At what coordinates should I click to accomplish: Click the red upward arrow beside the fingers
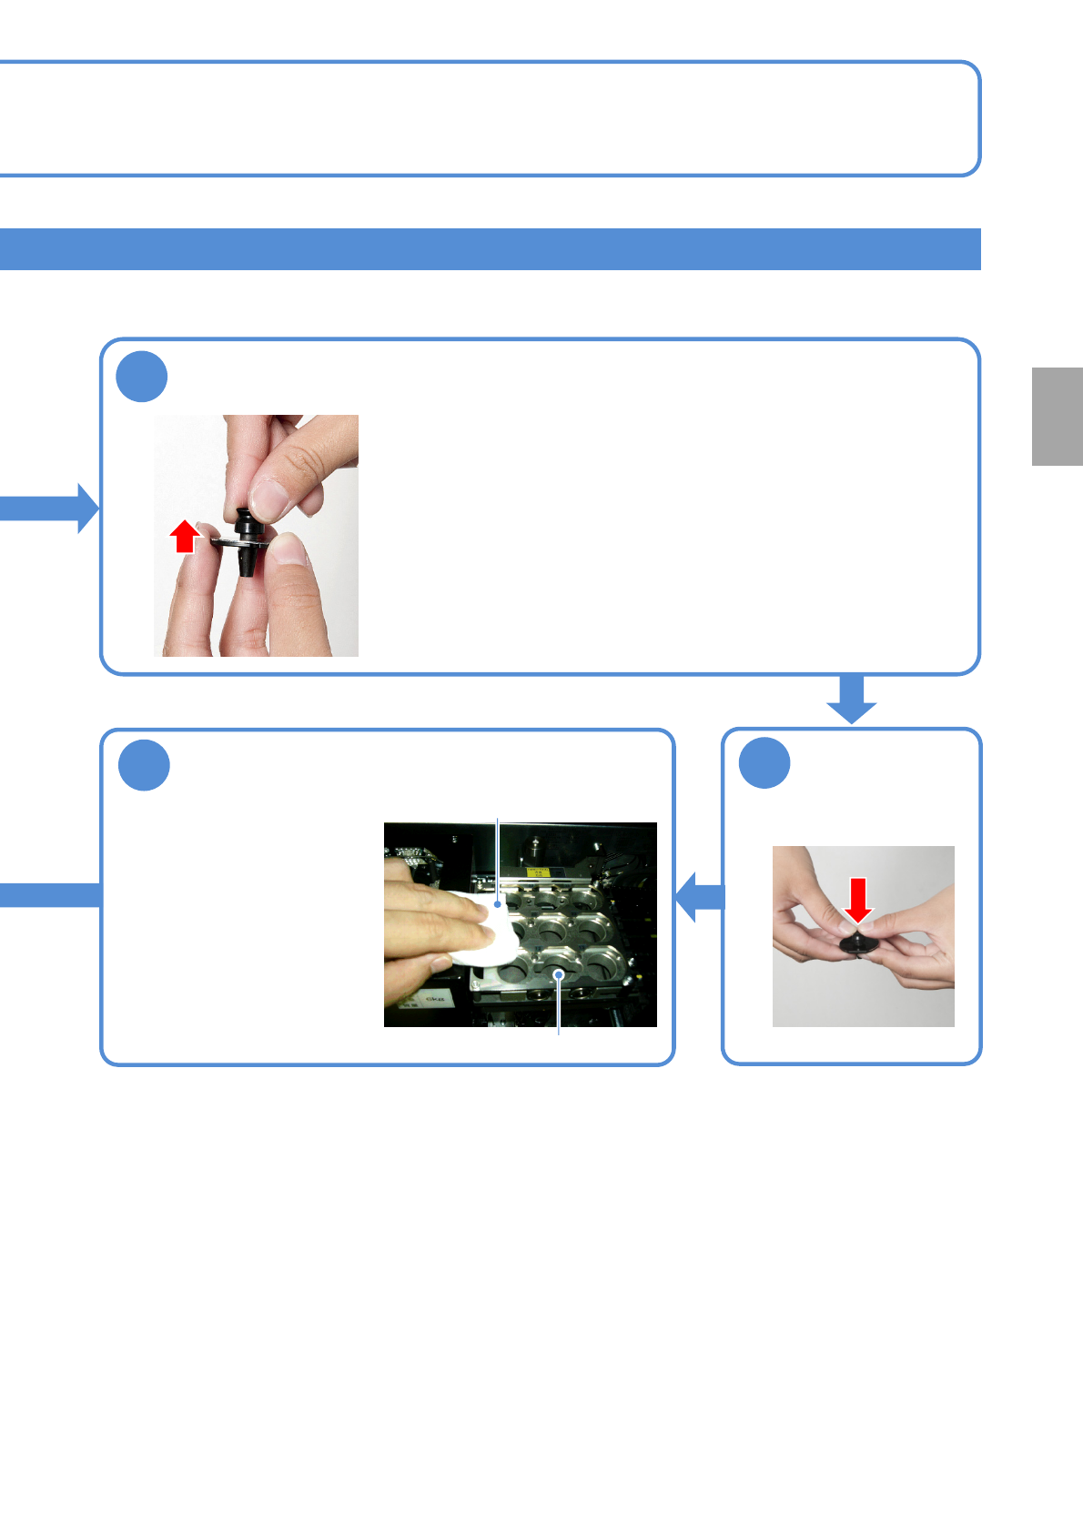click(185, 537)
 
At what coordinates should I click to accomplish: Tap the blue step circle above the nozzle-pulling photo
click(142, 377)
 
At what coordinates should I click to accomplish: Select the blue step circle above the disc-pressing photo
click(764, 763)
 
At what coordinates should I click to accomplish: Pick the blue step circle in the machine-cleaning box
click(144, 765)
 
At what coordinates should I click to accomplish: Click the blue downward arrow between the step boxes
click(852, 699)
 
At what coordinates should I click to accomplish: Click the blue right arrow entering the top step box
click(51, 508)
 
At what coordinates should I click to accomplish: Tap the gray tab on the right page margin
click(1057, 417)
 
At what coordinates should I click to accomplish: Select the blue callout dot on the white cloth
click(498, 904)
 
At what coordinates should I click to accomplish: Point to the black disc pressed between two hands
click(858, 944)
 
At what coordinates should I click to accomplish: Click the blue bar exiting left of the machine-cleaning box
click(50, 895)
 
